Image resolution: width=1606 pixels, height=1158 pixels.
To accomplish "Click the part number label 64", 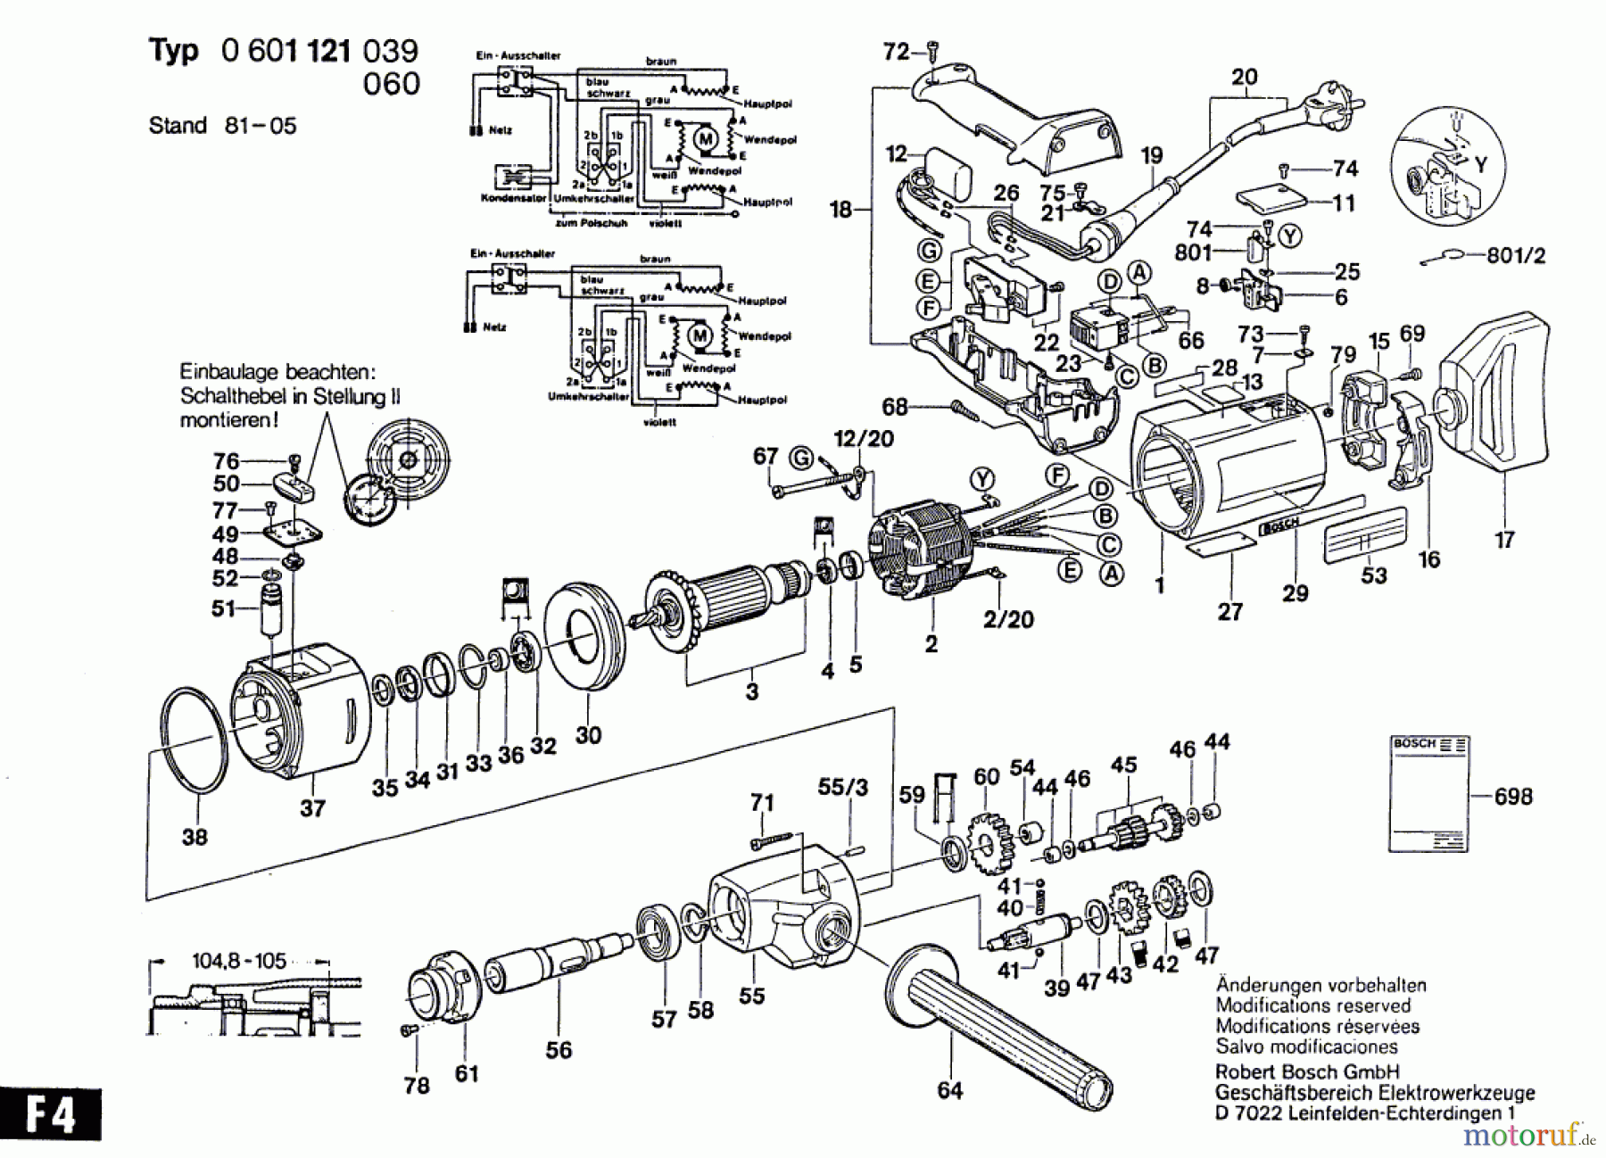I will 950,1090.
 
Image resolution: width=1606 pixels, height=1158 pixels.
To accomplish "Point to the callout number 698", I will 1513,796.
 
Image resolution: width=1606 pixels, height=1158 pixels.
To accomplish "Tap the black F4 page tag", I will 51,1114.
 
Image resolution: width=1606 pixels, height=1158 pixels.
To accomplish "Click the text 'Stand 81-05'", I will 222,126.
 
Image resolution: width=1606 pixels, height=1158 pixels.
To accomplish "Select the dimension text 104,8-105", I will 239,961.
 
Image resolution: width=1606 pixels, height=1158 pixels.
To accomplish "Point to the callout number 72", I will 896,52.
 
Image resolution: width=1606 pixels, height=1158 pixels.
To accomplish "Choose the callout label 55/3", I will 842,787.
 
